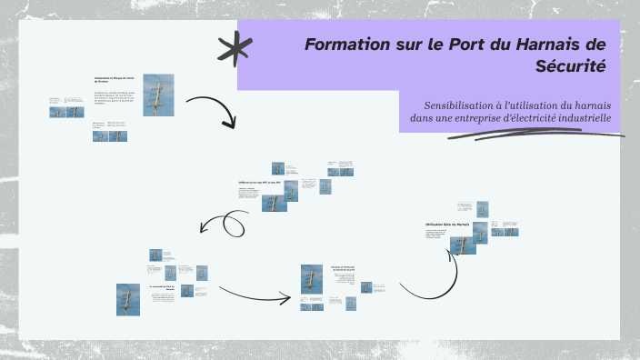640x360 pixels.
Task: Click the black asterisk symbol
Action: click(235, 47)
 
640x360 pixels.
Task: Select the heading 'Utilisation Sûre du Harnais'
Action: click(446, 224)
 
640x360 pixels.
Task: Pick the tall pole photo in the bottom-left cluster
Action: click(127, 298)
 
